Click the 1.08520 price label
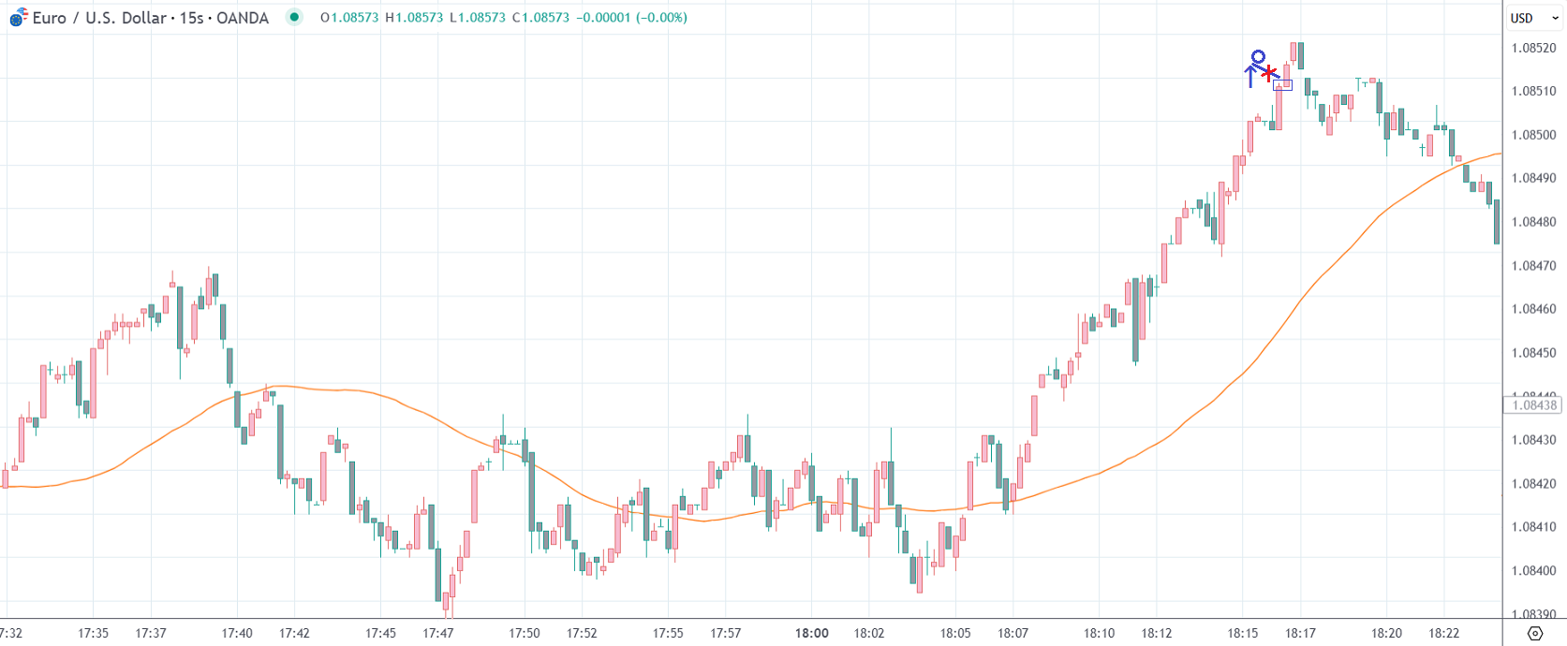(x=1533, y=48)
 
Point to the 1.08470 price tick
(x=1533, y=266)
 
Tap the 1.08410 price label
(x=1533, y=527)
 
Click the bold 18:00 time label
(x=811, y=633)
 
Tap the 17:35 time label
(x=93, y=633)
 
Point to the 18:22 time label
(x=1443, y=633)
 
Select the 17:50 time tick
(x=524, y=633)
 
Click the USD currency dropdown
(x=1533, y=18)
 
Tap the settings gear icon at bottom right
(x=1534, y=634)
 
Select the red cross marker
(x=1268, y=73)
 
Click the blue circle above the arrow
(x=1258, y=57)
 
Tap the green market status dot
(x=294, y=17)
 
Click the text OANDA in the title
(x=243, y=18)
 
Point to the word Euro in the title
(x=49, y=18)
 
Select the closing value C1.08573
(x=540, y=18)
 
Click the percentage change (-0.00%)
(x=661, y=18)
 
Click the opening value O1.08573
(x=348, y=18)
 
